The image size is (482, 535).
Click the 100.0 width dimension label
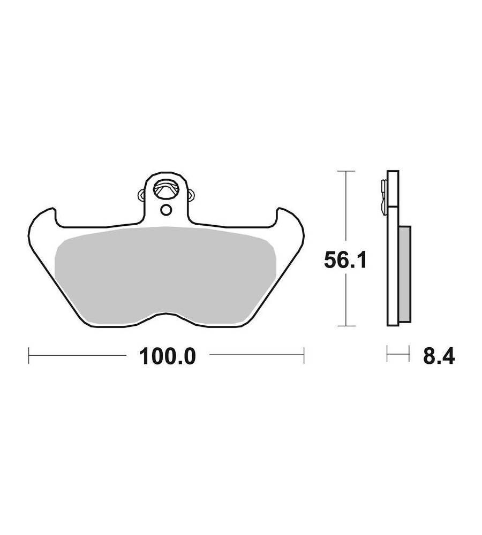(168, 356)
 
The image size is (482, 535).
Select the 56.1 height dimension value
(345, 261)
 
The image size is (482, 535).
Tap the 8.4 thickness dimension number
(439, 356)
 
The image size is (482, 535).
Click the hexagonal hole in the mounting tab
(165, 189)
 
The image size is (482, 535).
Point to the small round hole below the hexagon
(167, 210)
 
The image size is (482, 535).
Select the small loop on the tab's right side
(191, 195)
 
